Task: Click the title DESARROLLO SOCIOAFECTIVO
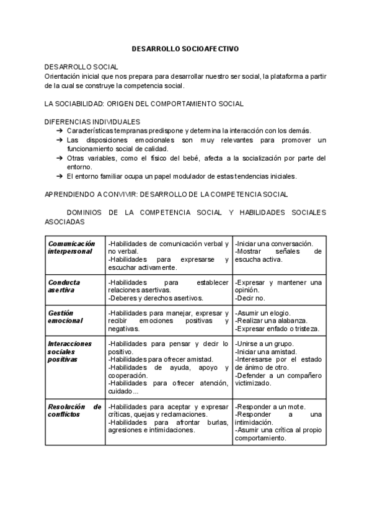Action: (185, 47)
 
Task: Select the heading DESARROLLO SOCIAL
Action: (81, 66)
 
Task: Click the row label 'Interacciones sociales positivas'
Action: (69, 351)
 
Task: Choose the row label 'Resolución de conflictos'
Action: (74, 410)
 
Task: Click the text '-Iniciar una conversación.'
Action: (273, 244)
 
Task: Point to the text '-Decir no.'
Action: (250, 298)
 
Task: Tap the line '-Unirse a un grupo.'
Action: (265, 344)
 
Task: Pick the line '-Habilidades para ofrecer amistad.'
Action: (161, 359)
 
